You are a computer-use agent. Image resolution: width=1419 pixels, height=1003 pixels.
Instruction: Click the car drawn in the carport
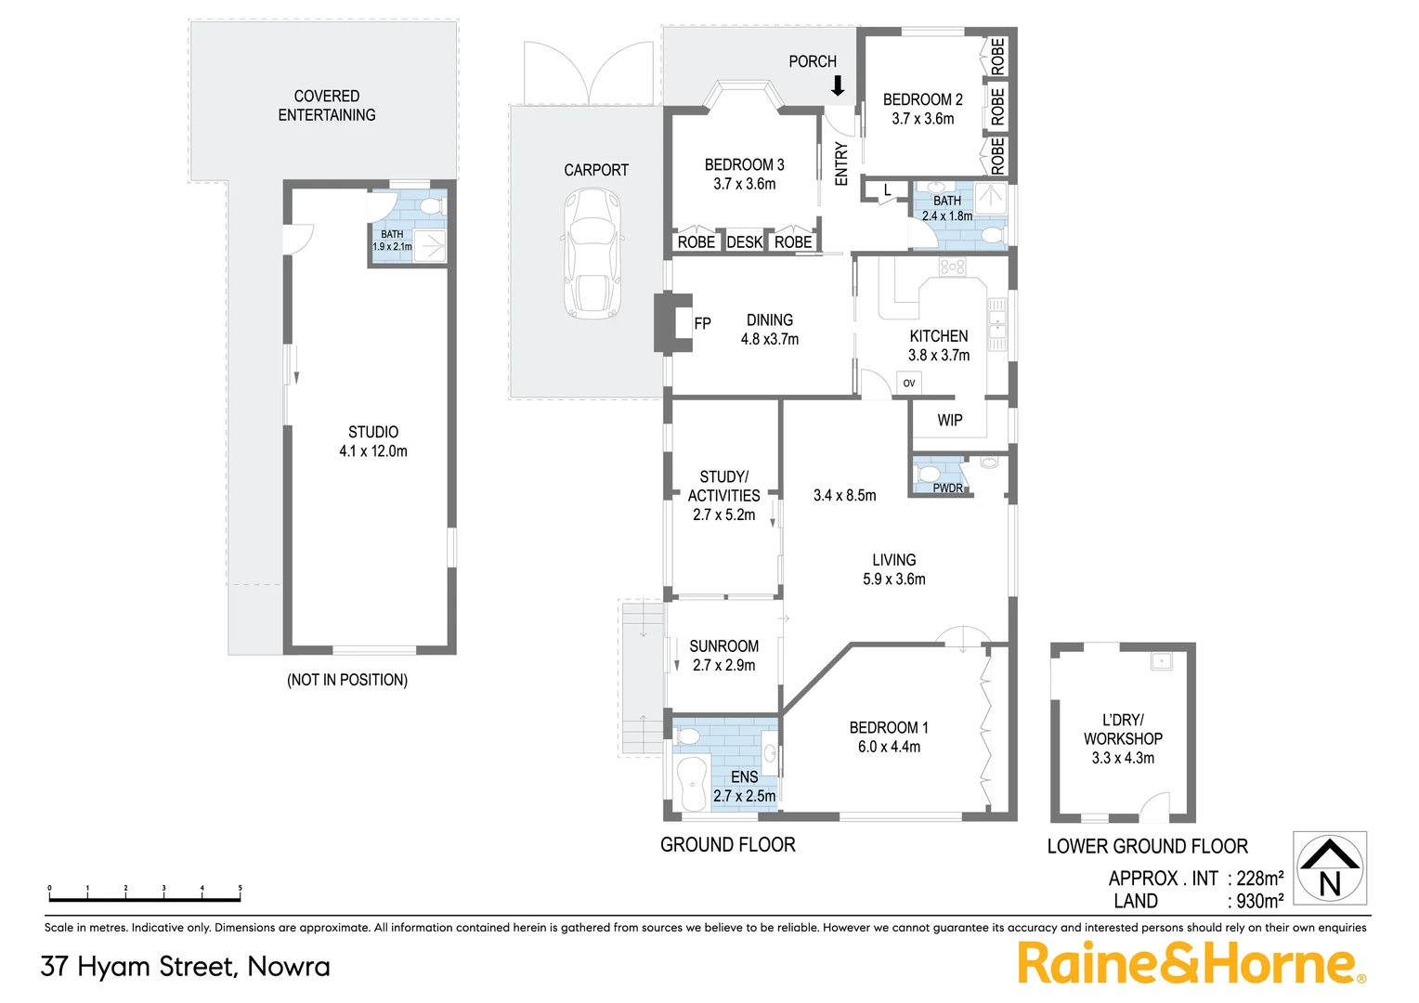[x=592, y=254]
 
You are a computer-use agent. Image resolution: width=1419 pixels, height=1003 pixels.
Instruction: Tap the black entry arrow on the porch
[x=838, y=86]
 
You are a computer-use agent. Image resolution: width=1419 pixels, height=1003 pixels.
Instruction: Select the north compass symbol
[x=1330, y=868]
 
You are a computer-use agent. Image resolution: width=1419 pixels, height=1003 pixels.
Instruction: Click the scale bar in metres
[x=145, y=897]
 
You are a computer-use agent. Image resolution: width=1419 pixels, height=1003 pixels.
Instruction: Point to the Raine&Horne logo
[x=1191, y=963]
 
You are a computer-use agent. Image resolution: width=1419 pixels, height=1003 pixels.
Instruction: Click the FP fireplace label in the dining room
[x=703, y=323]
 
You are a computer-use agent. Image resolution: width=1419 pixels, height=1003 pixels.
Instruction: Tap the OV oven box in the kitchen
[x=909, y=383]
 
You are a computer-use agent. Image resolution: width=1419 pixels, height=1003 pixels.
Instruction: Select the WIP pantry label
[x=949, y=421]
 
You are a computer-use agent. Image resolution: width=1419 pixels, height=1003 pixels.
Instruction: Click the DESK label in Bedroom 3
[x=744, y=242]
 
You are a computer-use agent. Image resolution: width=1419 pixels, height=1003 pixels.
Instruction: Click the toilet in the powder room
[x=929, y=474]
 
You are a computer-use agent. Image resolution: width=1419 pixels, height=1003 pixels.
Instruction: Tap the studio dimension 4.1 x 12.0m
[x=373, y=451]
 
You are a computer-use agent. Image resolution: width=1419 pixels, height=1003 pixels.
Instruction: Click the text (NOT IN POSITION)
[x=347, y=680]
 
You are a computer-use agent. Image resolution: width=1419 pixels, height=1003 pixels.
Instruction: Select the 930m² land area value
[x=1259, y=901]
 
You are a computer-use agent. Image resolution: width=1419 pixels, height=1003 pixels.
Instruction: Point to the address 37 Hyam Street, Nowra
[x=185, y=967]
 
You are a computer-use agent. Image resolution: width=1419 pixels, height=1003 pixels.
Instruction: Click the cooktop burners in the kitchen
[x=952, y=267]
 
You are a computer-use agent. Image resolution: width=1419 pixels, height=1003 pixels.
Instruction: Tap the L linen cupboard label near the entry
[x=887, y=190]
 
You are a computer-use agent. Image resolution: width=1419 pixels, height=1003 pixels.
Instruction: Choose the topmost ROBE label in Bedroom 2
[x=997, y=57]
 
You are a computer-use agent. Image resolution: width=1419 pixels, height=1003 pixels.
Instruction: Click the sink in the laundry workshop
[x=1161, y=661]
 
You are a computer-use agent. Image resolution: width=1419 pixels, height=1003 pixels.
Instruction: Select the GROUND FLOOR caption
[x=727, y=845]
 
